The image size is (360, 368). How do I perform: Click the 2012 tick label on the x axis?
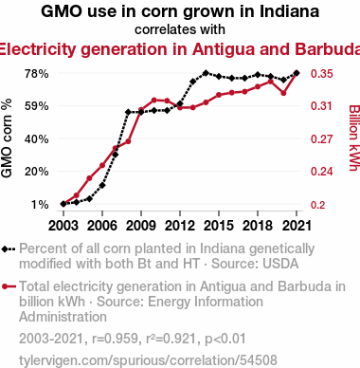[180, 226]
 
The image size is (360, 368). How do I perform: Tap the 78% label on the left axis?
[37, 74]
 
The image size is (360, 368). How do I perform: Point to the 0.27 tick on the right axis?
[322, 138]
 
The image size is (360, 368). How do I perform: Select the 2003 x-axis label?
[63, 226]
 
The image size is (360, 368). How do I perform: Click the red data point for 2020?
[283, 93]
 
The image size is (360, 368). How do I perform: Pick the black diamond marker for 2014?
[206, 73]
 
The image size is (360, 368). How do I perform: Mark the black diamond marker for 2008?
[128, 112]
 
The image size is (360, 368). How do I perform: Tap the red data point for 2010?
[154, 101]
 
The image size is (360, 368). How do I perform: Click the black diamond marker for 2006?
[102, 185]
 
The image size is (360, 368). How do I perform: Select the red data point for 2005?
[89, 178]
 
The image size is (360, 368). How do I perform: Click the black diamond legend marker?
[5, 249]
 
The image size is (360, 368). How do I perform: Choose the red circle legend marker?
[5, 286]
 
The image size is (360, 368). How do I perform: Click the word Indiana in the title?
[289, 11]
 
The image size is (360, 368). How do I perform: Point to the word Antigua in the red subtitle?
[224, 49]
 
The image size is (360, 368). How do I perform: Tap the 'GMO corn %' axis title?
[7, 138]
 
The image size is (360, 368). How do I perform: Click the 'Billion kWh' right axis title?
[354, 138]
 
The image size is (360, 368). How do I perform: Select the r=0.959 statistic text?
[116, 339]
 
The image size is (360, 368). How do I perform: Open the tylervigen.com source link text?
[148, 360]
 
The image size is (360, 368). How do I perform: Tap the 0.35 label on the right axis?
[322, 74]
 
